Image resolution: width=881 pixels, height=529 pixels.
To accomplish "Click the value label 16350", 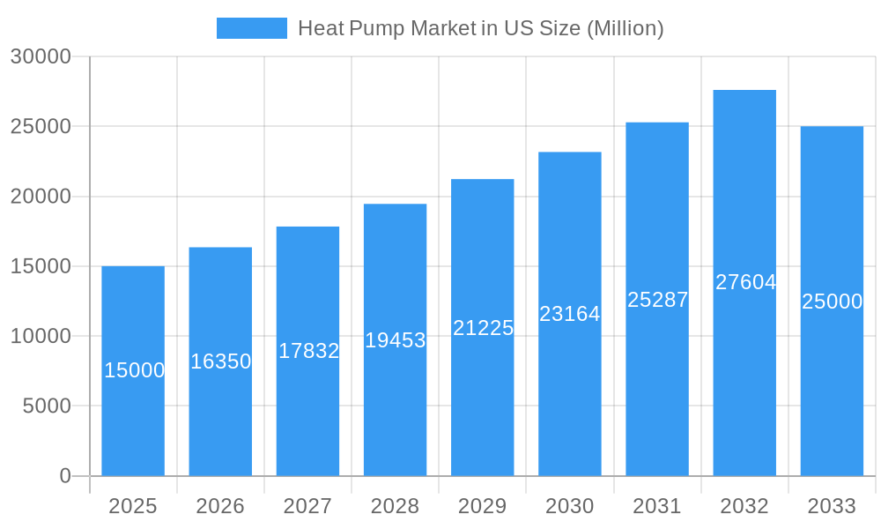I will tap(221, 361).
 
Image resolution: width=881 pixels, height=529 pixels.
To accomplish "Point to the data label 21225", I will tap(483, 328).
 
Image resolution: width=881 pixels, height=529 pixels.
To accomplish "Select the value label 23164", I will tap(569, 314).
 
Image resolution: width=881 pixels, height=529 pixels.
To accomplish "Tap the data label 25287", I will tap(657, 300).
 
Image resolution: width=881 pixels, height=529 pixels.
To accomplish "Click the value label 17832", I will tap(308, 351).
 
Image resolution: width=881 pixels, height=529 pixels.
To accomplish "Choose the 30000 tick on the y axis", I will tap(41, 56).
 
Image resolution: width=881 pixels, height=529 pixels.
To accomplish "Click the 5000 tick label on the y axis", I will tap(46, 406).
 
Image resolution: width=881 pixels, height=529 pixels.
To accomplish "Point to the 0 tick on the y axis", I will tap(65, 476).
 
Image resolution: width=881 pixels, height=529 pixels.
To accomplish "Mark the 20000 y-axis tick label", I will tap(41, 197).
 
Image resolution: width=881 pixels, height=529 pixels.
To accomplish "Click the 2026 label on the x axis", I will tap(220, 506).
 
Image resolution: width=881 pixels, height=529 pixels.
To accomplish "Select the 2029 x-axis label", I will tap(483, 506).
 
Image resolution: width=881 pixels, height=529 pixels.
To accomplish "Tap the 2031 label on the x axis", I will tap(657, 506).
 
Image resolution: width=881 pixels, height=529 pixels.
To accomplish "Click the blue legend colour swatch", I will tap(252, 28).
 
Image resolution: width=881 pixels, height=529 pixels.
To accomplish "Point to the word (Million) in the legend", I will tap(626, 28).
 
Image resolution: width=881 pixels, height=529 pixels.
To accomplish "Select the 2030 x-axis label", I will tap(570, 506).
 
